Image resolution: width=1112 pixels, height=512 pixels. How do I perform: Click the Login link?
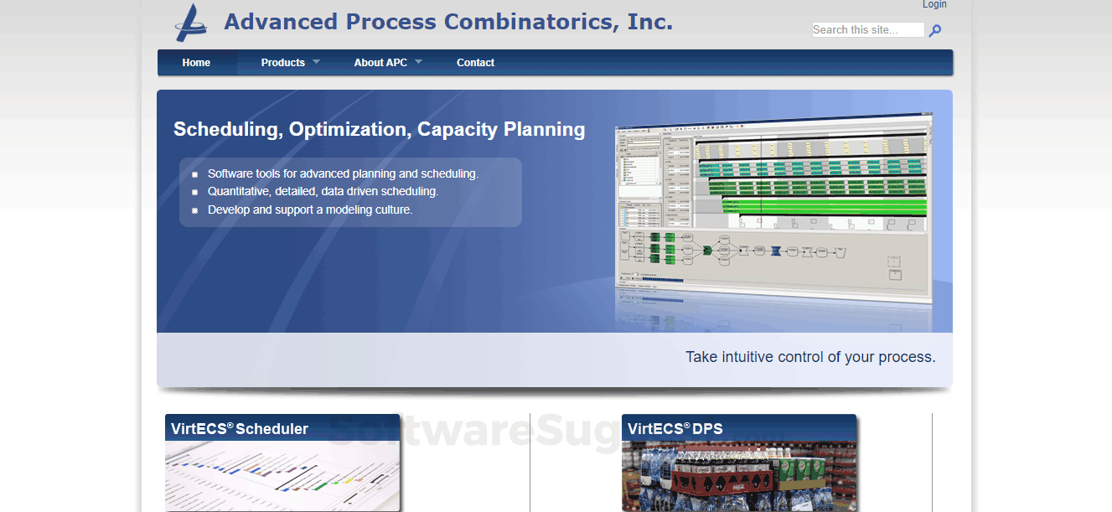[934, 5]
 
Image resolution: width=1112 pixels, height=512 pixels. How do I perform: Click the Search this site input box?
[867, 30]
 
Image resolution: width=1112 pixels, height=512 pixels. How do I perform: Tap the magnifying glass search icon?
[935, 31]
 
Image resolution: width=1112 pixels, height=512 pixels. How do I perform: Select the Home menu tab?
[196, 63]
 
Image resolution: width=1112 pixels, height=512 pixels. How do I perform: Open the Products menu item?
[282, 63]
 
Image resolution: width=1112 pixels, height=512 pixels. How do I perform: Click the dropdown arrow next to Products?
[316, 62]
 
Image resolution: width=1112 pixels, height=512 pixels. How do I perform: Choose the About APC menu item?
[380, 63]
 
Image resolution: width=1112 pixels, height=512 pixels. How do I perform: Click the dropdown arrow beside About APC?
[418, 62]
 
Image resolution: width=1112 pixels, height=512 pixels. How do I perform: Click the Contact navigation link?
[475, 63]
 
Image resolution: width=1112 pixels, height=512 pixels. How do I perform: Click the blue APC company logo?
[191, 23]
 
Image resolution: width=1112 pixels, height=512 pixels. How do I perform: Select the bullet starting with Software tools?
[343, 174]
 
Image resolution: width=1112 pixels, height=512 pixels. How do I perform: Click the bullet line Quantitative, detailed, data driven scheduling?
[323, 192]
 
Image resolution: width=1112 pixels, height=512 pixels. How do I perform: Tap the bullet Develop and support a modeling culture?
[310, 210]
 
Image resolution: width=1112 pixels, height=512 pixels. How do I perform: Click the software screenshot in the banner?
[773, 209]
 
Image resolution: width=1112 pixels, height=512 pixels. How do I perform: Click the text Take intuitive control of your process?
[809, 357]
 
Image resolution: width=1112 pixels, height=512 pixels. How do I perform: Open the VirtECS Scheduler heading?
[240, 429]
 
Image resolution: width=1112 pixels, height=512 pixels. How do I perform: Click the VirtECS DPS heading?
[675, 429]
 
